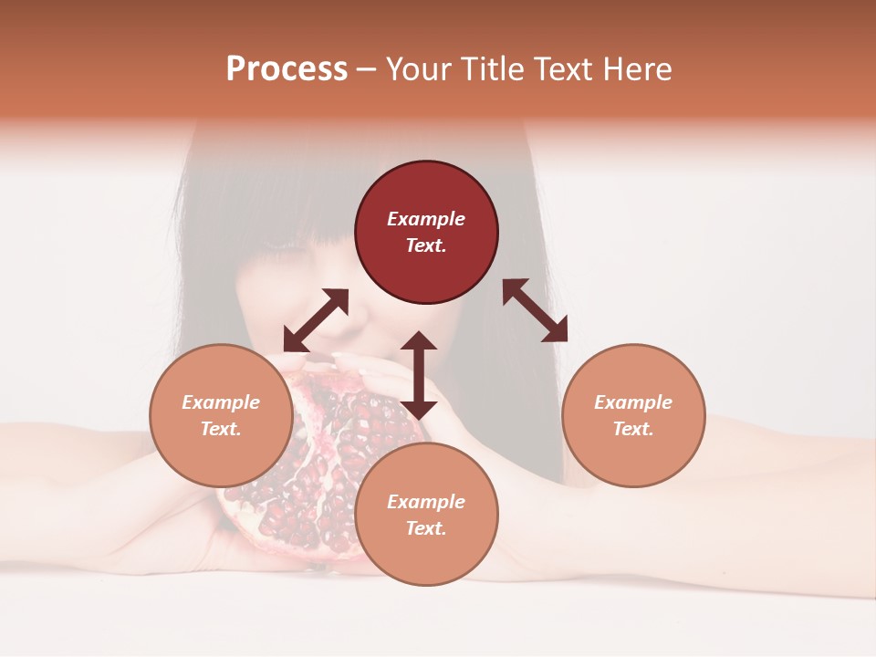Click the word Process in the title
[287, 69]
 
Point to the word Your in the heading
[420, 69]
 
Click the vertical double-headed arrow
[419, 375]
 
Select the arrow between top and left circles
[316, 320]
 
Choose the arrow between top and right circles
[535, 310]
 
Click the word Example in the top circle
[426, 219]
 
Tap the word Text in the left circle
[221, 429]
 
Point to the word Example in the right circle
[633, 402]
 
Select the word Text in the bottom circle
[426, 528]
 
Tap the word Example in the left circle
[221, 402]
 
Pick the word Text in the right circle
[633, 429]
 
